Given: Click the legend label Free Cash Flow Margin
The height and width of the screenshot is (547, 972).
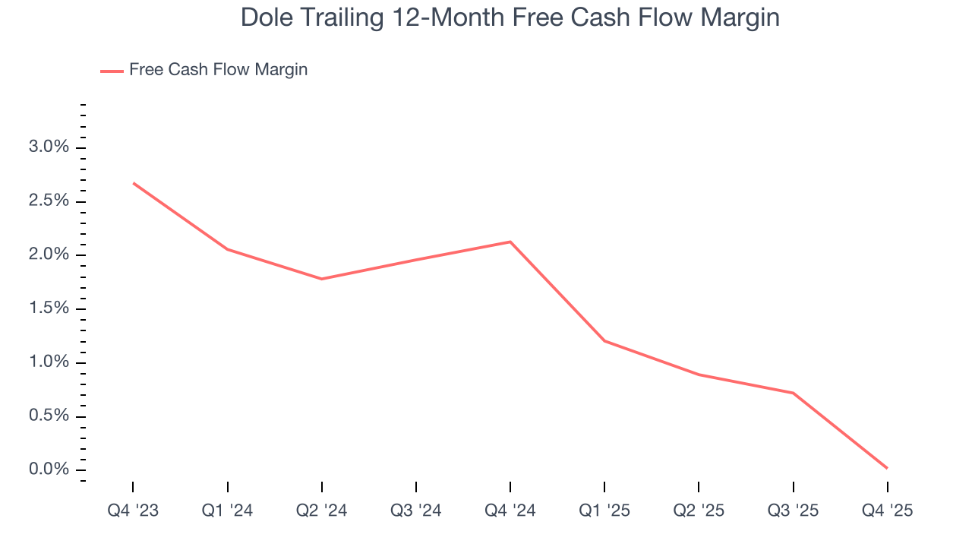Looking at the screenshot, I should [218, 70].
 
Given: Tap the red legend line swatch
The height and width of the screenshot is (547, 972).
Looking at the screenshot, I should [112, 71].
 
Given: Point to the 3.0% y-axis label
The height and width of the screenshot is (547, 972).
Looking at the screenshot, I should [49, 147].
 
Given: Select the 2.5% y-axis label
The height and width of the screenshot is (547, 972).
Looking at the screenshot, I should [49, 201].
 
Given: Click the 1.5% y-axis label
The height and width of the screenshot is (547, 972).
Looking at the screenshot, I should [49, 308].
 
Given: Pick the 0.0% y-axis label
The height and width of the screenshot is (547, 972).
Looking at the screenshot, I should [49, 470].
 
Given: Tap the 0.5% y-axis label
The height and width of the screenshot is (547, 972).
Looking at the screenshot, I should [49, 416].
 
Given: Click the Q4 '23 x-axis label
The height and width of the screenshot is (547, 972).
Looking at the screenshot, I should [133, 511].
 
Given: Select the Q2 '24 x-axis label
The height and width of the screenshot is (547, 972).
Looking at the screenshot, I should [322, 511].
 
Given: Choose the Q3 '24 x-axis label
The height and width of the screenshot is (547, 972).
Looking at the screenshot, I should [416, 511].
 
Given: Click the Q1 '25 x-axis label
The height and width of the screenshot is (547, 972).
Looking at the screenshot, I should [604, 511].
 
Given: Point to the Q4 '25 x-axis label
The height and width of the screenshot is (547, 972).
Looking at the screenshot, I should [887, 511].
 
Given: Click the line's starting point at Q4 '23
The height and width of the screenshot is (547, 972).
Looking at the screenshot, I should [134, 183].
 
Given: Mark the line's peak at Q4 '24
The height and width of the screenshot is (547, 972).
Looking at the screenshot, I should [510, 242].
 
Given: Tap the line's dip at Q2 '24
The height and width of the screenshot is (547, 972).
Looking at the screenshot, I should [322, 279].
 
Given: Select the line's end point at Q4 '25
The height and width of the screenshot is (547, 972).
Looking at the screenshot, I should [887, 468].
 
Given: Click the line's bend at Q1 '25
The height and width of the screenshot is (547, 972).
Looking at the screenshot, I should [604, 340].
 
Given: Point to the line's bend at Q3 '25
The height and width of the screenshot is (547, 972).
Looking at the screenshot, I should [793, 393].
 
